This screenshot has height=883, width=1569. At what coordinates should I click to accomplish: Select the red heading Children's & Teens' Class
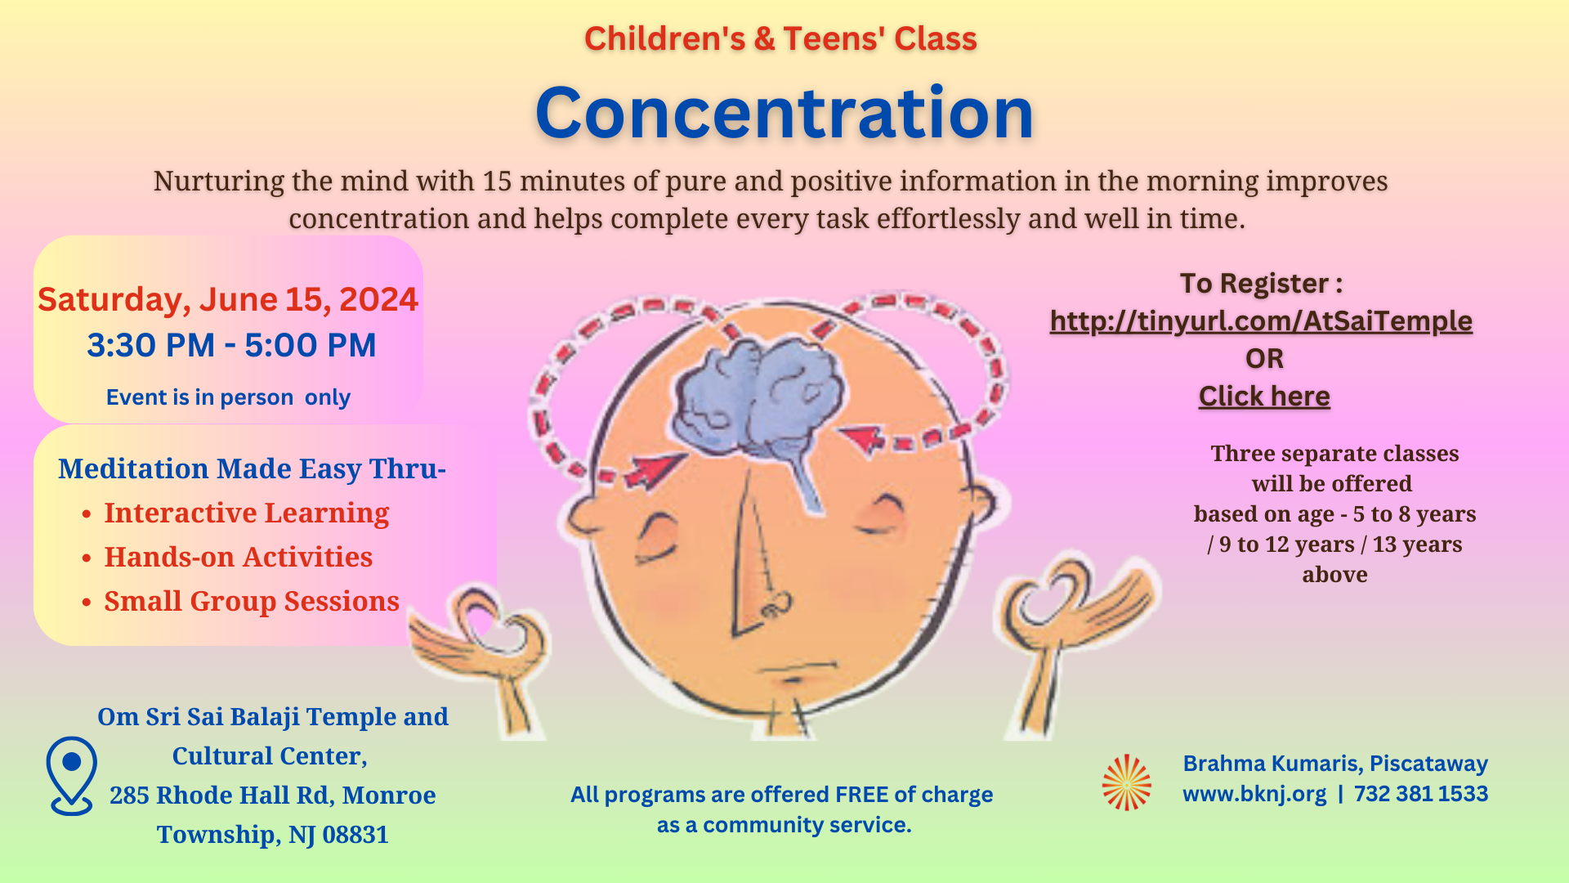[x=780, y=39]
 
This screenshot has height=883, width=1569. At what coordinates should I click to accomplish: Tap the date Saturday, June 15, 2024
[x=228, y=300]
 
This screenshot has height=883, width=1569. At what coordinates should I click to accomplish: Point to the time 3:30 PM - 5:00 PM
[x=231, y=345]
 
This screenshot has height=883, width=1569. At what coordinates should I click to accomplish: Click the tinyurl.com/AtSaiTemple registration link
[x=1261, y=320]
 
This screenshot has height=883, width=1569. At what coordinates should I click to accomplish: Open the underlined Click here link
[x=1264, y=396]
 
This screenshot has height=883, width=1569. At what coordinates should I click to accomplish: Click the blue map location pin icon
[x=72, y=775]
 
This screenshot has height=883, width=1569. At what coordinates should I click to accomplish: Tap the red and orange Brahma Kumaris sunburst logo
[x=1126, y=782]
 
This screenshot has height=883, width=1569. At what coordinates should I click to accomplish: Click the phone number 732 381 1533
[x=1421, y=794]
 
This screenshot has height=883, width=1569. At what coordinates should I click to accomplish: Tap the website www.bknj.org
[x=1254, y=795]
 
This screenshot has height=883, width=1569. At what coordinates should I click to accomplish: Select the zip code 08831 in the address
[x=355, y=835]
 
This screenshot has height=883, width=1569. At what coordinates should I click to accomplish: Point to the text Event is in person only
[x=228, y=397]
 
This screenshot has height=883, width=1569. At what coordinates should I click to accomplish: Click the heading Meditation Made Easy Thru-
[x=252, y=468]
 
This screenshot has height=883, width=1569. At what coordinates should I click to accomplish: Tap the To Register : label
[x=1261, y=283]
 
